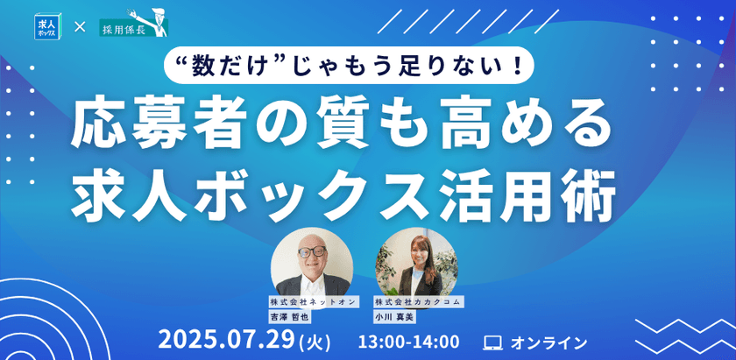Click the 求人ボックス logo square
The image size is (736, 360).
coord(46,26)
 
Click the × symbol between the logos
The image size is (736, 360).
coord(80,27)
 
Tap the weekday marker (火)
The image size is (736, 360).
coord(315,342)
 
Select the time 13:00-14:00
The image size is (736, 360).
coord(408,342)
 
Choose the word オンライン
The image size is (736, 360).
coord(548,342)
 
